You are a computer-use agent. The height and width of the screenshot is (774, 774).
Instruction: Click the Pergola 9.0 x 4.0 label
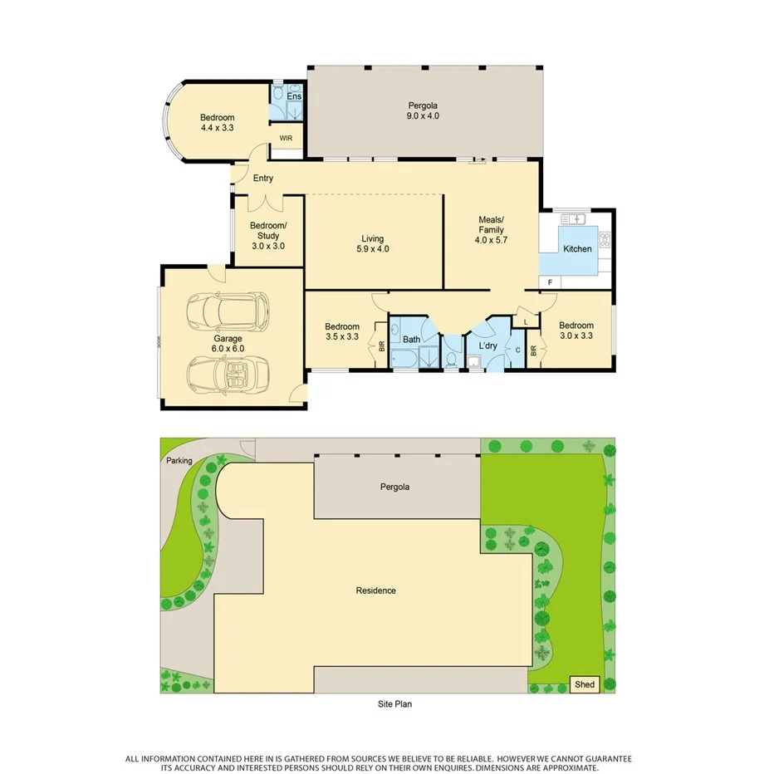pyautogui.click(x=423, y=110)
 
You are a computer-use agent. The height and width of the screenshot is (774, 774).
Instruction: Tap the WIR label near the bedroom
pyautogui.click(x=286, y=138)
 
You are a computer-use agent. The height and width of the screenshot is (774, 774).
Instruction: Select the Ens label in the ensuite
pyautogui.click(x=294, y=97)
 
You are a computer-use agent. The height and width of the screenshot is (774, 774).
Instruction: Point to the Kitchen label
pyautogui.click(x=577, y=249)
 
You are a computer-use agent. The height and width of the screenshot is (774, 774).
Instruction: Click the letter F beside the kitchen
pyautogui.click(x=550, y=282)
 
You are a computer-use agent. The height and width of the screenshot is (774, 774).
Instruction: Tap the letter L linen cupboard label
pyautogui.click(x=526, y=321)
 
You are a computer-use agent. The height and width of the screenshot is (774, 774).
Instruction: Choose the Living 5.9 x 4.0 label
pyautogui.click(x=372, y=243)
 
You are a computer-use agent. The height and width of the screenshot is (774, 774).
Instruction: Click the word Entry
pyautogui.click(x=263, y=179)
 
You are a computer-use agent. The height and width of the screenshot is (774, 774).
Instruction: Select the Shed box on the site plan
pyautogui.click(x=585, y=684)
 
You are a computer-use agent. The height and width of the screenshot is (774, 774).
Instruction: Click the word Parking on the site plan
pyautogui.click(x=179, y=461)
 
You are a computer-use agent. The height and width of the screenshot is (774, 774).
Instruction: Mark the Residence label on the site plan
pyautogui.click(x=375, y=590)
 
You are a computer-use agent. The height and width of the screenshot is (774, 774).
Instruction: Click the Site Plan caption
pyautogui.click(x=394, y=704)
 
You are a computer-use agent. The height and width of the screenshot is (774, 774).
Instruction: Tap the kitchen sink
pyautogui.click(x=574, y=219)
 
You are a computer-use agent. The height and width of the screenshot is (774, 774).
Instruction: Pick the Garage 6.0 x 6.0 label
pyautogui.click(x=228, y=344)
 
